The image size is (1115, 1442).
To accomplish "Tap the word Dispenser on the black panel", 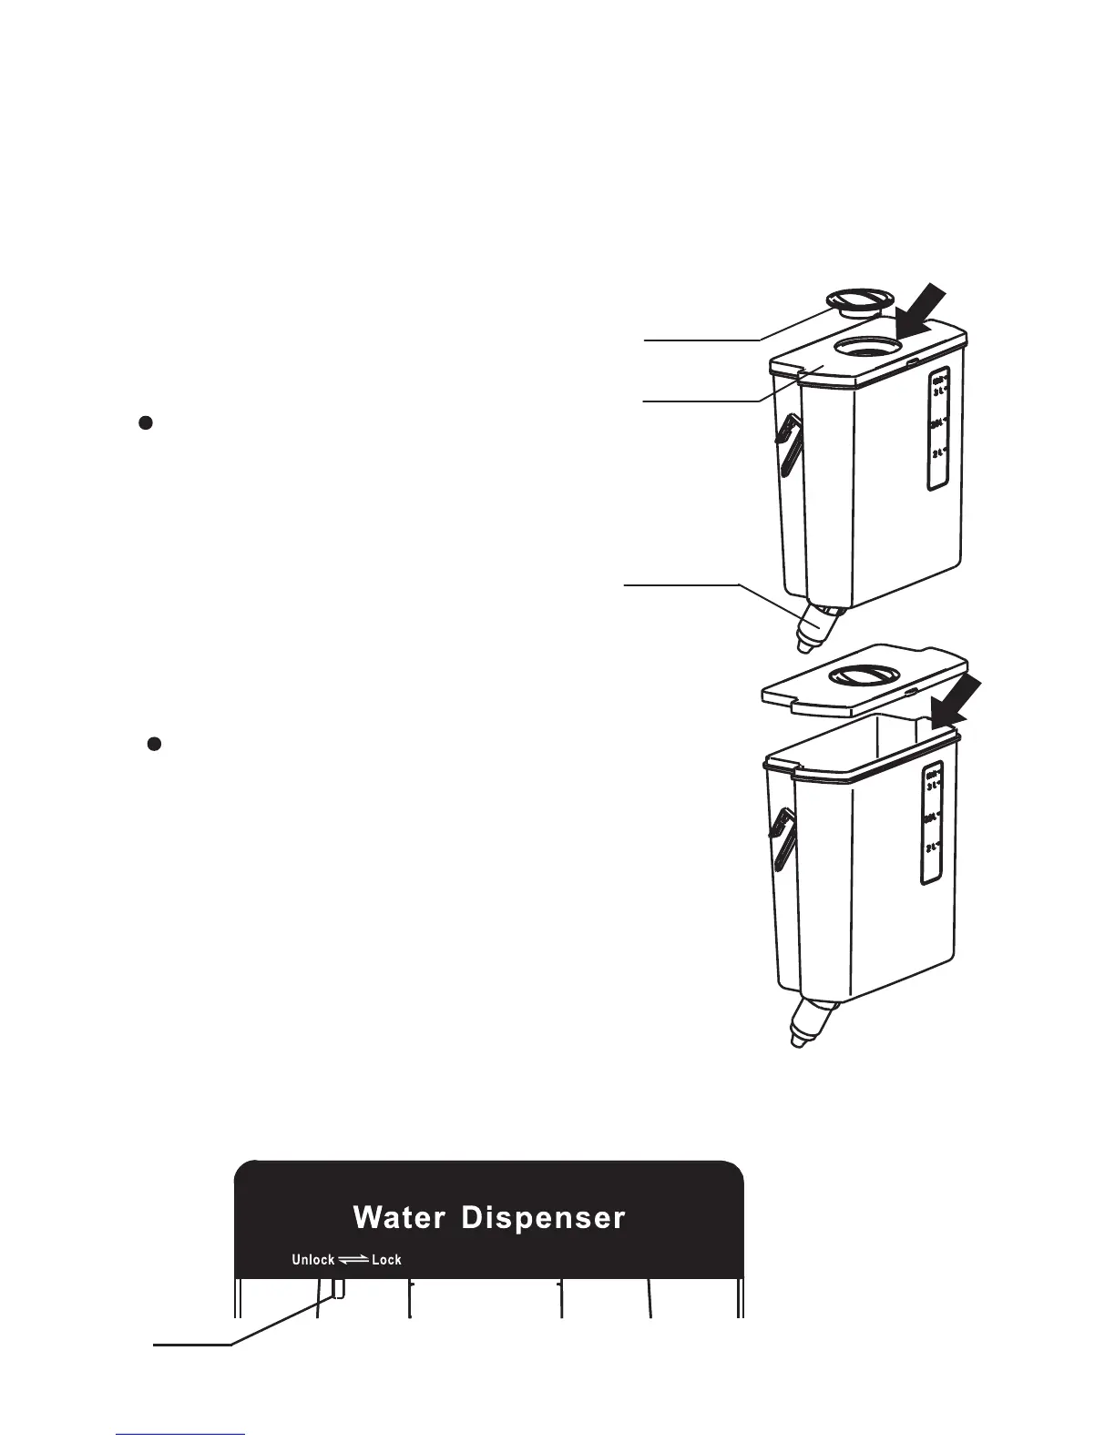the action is pyautogui.click(x=543, y=1218).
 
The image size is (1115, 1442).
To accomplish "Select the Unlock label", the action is pyautogui.click(x=312, y=1260).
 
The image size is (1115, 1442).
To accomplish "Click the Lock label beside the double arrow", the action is pyautogui.click(x=386, y=1260).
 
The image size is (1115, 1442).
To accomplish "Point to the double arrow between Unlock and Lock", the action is pyautogui.click(x=353, y=1260).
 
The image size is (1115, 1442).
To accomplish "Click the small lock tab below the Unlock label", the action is pyautogui.click(x=339, y=1286).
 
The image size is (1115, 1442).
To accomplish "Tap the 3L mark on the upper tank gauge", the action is pyautogui.click(x=939, y=391).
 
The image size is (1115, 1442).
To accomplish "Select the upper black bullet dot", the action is pyautogui.click(x=144, y=422).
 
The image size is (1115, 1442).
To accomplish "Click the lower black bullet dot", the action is pyautogui.click(x=155, y=744).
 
